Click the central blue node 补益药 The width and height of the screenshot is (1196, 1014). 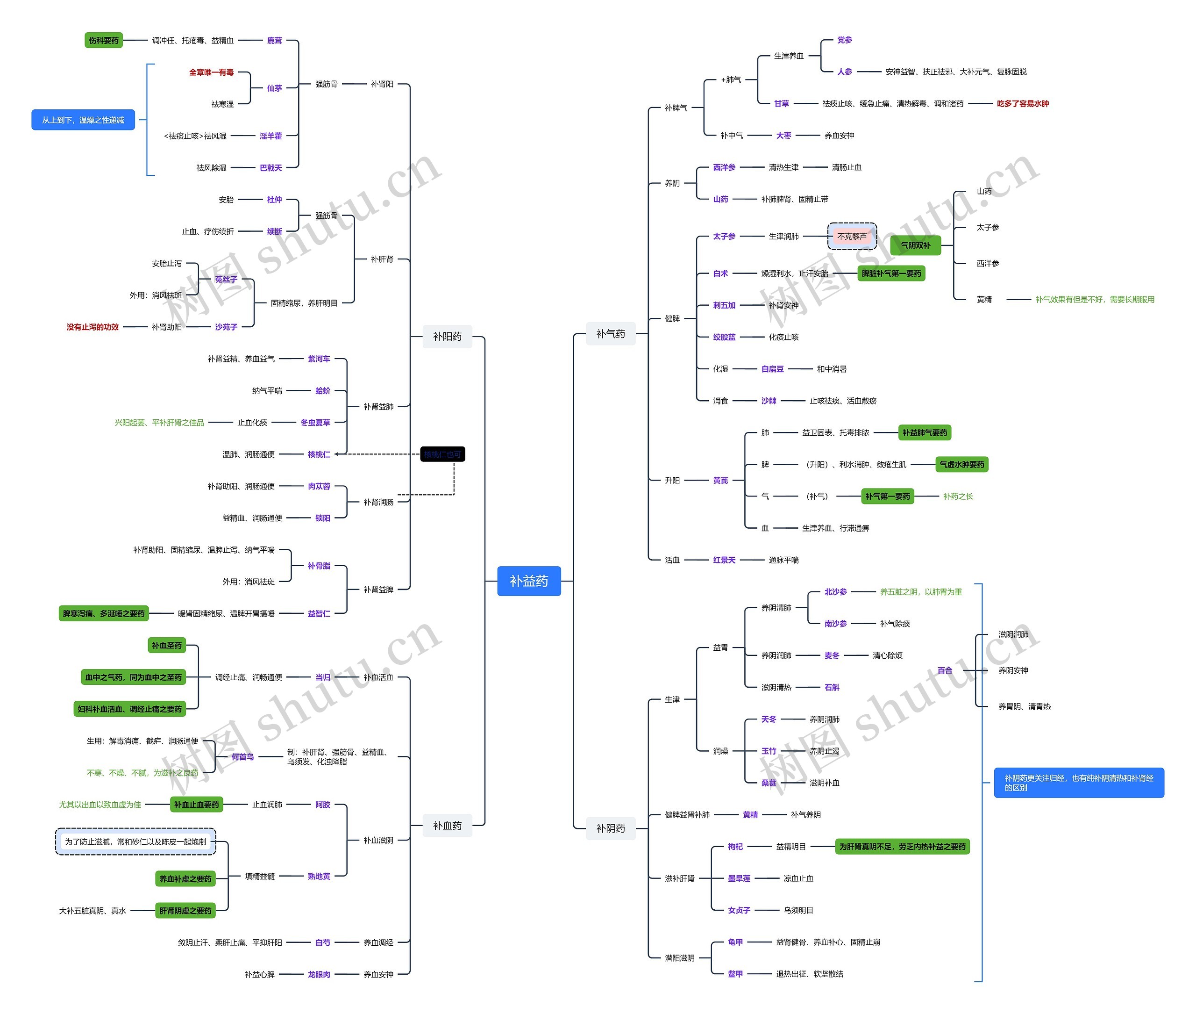pos(528,581)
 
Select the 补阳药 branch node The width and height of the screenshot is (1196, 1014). pos(447,336)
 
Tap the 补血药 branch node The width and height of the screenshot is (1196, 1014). pos(447,826)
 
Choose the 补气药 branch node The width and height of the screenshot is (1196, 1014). pos(610,333)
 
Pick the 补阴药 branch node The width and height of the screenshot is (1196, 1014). pos(610,828)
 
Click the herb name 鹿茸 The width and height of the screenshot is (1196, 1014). pos(274,40)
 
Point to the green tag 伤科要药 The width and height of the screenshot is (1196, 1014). pos(103,40)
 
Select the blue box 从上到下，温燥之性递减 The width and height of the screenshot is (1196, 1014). pos(83,120)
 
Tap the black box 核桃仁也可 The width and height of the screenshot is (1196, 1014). pos(442,454)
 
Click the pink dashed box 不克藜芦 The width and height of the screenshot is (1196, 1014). pos(851,236)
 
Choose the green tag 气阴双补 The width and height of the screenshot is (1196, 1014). pos(915,245)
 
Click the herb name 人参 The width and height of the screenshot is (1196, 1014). pos(844,72)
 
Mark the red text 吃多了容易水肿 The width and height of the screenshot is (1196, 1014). pos(1023,103)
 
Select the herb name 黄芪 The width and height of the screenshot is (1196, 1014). pos(720,480)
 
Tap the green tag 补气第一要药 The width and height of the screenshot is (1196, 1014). pos(888,496)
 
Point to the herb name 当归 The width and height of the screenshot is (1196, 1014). pos(322,677)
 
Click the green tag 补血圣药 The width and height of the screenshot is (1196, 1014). pos(167,646)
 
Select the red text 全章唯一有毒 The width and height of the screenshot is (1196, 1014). pos(211,72)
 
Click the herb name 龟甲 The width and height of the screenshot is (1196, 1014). pos(735,942)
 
